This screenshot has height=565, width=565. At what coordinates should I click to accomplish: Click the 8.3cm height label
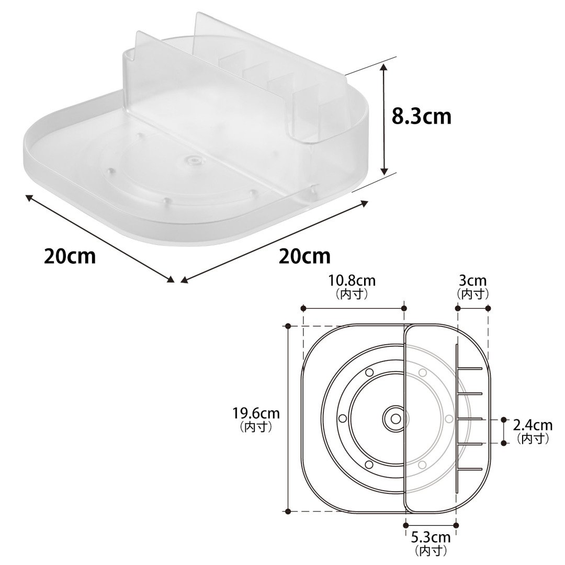tap(421, 117)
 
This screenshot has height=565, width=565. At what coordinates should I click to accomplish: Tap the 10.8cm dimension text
tap(352, 280)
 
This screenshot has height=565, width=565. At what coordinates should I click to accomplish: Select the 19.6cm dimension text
tap(256, 413)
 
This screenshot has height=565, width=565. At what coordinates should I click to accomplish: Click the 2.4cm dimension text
tap(533, 425)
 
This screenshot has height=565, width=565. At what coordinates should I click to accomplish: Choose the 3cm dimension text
tap(473, 280)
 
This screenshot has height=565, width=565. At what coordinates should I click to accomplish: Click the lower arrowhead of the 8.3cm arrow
tap(385, 171)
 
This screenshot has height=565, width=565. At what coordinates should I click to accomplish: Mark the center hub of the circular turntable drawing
tap(395, 419)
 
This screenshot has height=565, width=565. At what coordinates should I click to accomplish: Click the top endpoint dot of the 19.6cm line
tap(288, 326)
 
